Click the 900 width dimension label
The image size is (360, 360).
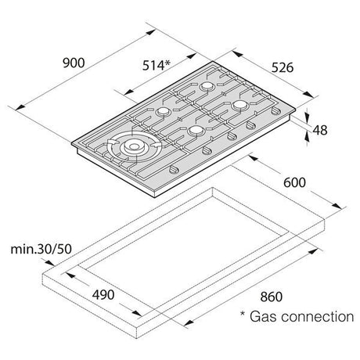pos(74,63)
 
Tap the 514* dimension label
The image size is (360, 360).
pos(157,65)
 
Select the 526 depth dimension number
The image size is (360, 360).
pos(283,67)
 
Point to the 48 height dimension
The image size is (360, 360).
pos(320,130)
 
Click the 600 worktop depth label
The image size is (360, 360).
pos(294,182)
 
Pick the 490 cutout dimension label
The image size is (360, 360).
pos(103,295)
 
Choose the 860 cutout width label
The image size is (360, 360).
pos(272,297)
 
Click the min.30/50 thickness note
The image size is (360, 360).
pos(41,249)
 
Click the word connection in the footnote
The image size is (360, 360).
pos(318,316)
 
